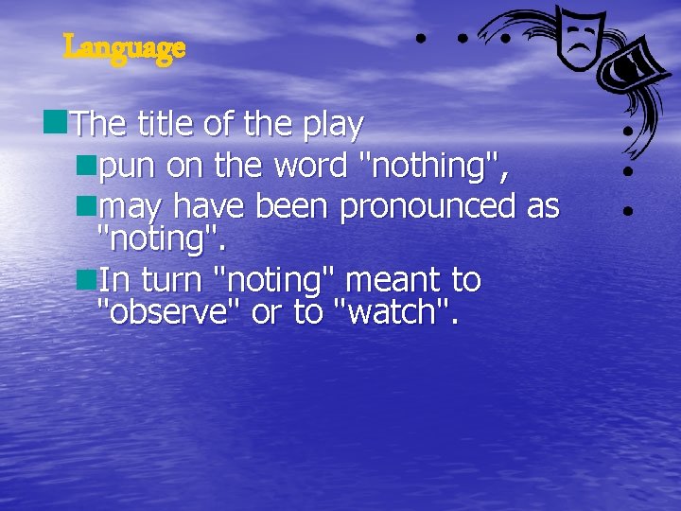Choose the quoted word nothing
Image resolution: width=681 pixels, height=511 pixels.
point(436,166)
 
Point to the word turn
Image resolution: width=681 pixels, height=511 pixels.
point(174,281)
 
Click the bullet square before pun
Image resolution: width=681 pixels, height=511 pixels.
point(88,165)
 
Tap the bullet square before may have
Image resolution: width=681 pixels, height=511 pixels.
point(88,203)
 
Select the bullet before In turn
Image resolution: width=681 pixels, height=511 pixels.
point(88,278)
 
